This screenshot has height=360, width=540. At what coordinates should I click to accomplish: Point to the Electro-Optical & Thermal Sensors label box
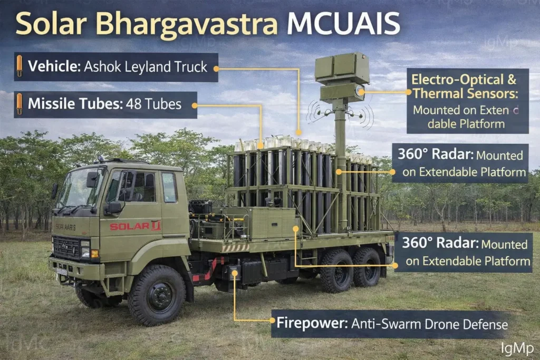click(467, 101)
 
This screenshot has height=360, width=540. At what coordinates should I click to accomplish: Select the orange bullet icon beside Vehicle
click(20, 66)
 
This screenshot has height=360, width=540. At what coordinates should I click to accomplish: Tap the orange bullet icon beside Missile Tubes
click(20, 104)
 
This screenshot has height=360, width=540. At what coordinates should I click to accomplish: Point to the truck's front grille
click(67, 248)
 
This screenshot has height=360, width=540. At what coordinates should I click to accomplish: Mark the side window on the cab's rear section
click(169, 187)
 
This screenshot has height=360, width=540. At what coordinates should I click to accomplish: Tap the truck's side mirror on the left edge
click(54, 190)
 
